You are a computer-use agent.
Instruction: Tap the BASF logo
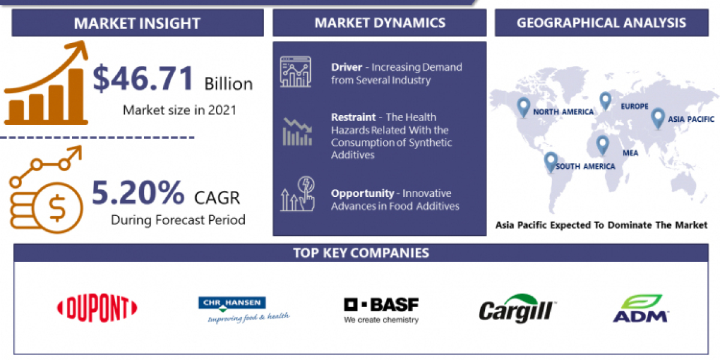coord(381,310)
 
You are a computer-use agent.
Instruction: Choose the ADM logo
coord(641,308)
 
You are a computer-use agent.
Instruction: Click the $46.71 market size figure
coord(144,79)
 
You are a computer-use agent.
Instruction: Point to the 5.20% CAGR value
coord(138,193)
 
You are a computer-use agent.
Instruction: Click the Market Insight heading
coord(137,23)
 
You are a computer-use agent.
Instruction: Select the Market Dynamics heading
coord(380,23)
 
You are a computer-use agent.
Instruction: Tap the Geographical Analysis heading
coord(602,23)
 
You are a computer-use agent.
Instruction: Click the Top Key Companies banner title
coord(361,253)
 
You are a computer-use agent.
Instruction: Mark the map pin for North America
coord(524,107)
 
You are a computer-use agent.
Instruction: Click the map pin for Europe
coord(605,101)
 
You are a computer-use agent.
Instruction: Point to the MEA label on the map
coord(630,153)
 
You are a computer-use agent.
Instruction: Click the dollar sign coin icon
coord(58,208)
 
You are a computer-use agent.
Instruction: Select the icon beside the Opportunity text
coord(297,193)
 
